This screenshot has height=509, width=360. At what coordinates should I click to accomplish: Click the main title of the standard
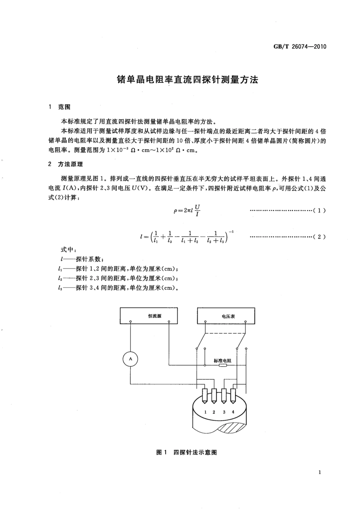[187, 80]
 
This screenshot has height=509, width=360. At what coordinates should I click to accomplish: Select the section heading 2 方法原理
[66, 164]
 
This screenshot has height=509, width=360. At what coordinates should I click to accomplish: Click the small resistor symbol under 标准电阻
[222, 365]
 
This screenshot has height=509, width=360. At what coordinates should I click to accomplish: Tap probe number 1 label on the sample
[205, 412]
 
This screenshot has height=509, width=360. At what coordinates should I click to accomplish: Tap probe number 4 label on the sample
[233, 412]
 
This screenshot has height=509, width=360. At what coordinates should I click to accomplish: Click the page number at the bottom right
[320, 472]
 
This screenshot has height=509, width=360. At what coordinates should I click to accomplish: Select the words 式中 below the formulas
[69, 250]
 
